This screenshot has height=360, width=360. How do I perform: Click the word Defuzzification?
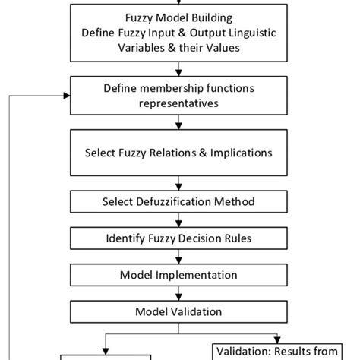(186, 201)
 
